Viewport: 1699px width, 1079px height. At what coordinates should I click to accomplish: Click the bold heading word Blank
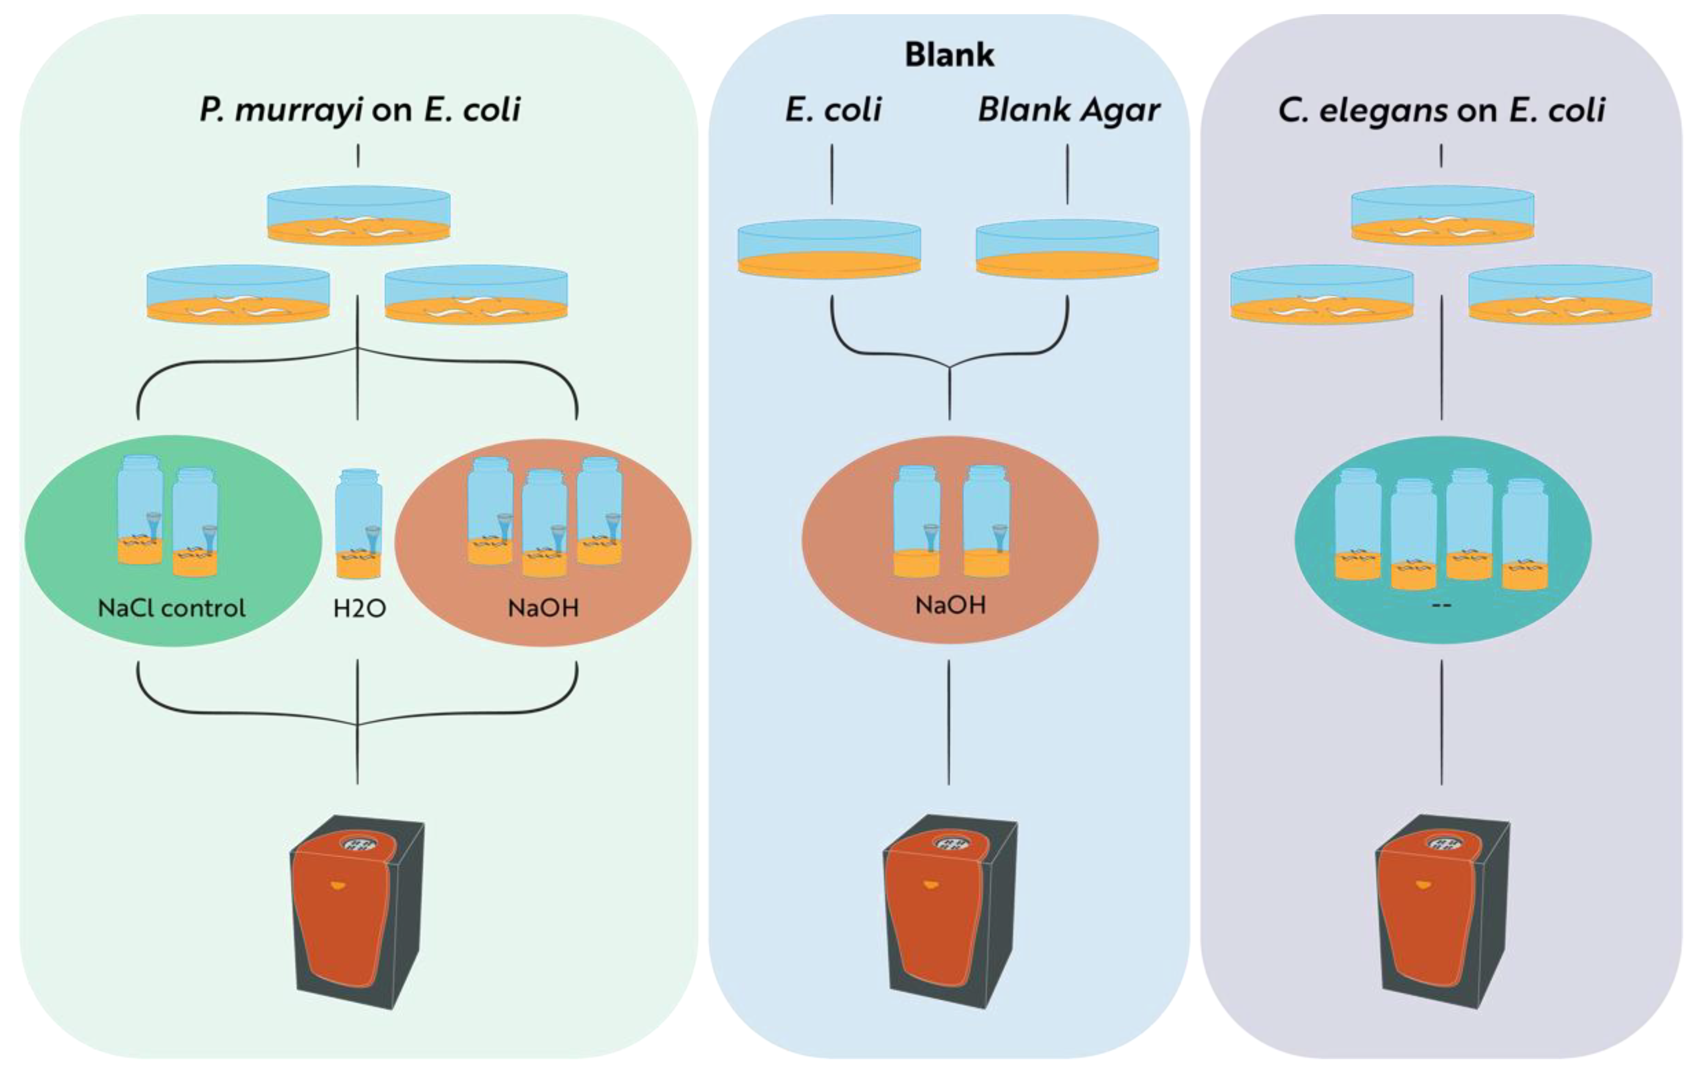coord(949,55)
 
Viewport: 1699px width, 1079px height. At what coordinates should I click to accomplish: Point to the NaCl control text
coord(171,608)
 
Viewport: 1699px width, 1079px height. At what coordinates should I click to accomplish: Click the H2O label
coord(359,608)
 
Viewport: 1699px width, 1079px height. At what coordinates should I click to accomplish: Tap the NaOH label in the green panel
coord(543,608)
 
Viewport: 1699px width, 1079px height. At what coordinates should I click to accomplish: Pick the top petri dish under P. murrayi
coord(358,216)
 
